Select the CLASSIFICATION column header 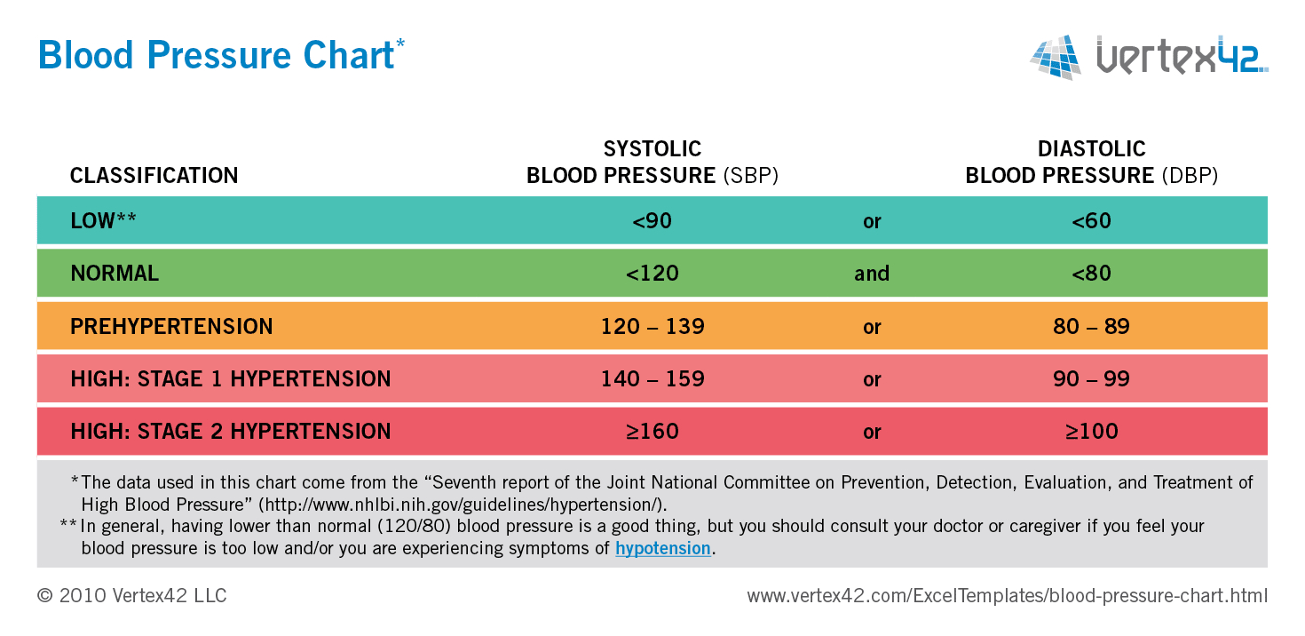pyautogui.click(x=154, y=176)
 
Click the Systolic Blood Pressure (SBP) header pyautogui.click(x=652, y=163)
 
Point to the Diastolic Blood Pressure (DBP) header pyautogui.click(x=1091, y=163)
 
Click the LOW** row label pyautogui.click(x=103, y=221)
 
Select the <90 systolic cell pyautogui.click(x=652, y=221)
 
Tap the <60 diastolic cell pyautogui.click(x=1091, y=221)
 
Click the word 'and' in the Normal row pyautogui.click(x=872, y=274)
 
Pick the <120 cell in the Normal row pyautogui.click(x=652, y=274)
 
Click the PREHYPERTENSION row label pyautogui.click(x=171, y=326)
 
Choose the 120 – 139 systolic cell pyautogui.click(x=652, y=326)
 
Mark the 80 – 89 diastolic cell pyautogui.click(x=1091, y=326)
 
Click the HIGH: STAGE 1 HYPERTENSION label pyautogui.click(x=231, y=379)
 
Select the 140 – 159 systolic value pyautogui.click(x=652, y=379)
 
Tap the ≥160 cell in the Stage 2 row pyautogui.click(x=652, y=432)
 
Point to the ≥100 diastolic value pyautogui.click(x=1091, y=432)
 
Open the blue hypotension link pyautogui.click(x=662, y=549)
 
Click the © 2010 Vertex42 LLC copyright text pyautogui.click(x=132, y=596)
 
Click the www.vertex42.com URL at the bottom pyautogui.click(x=1007, y=596)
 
